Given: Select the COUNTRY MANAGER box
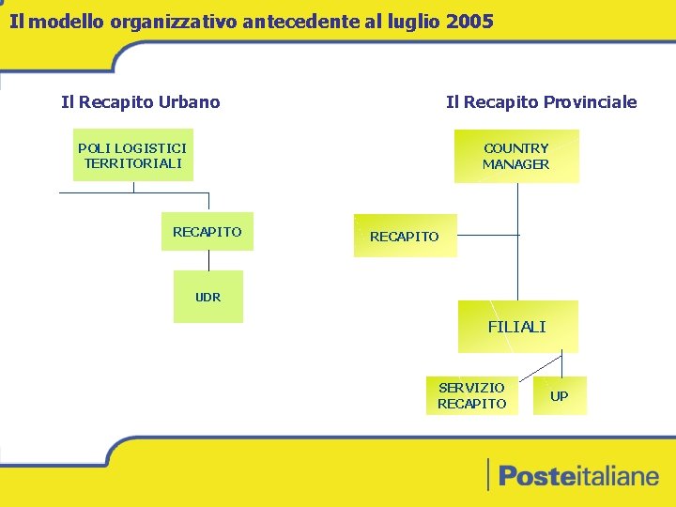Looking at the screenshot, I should point(516,156).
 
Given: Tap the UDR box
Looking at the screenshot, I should point(208,297).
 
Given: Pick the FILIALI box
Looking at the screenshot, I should point(517,327).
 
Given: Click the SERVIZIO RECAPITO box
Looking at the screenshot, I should point(471,395).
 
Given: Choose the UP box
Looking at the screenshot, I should point(560,396).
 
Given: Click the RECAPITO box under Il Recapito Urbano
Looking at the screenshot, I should point(207,231).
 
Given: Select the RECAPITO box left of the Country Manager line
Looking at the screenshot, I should point(404,237).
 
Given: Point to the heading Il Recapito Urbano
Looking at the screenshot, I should point(141,101).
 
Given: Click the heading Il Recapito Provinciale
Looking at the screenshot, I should point(541,101).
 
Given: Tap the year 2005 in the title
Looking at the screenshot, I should point(470,21).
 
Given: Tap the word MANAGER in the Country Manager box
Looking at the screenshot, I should point(516,164).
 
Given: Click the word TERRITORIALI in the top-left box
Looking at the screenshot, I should point(132,163).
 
